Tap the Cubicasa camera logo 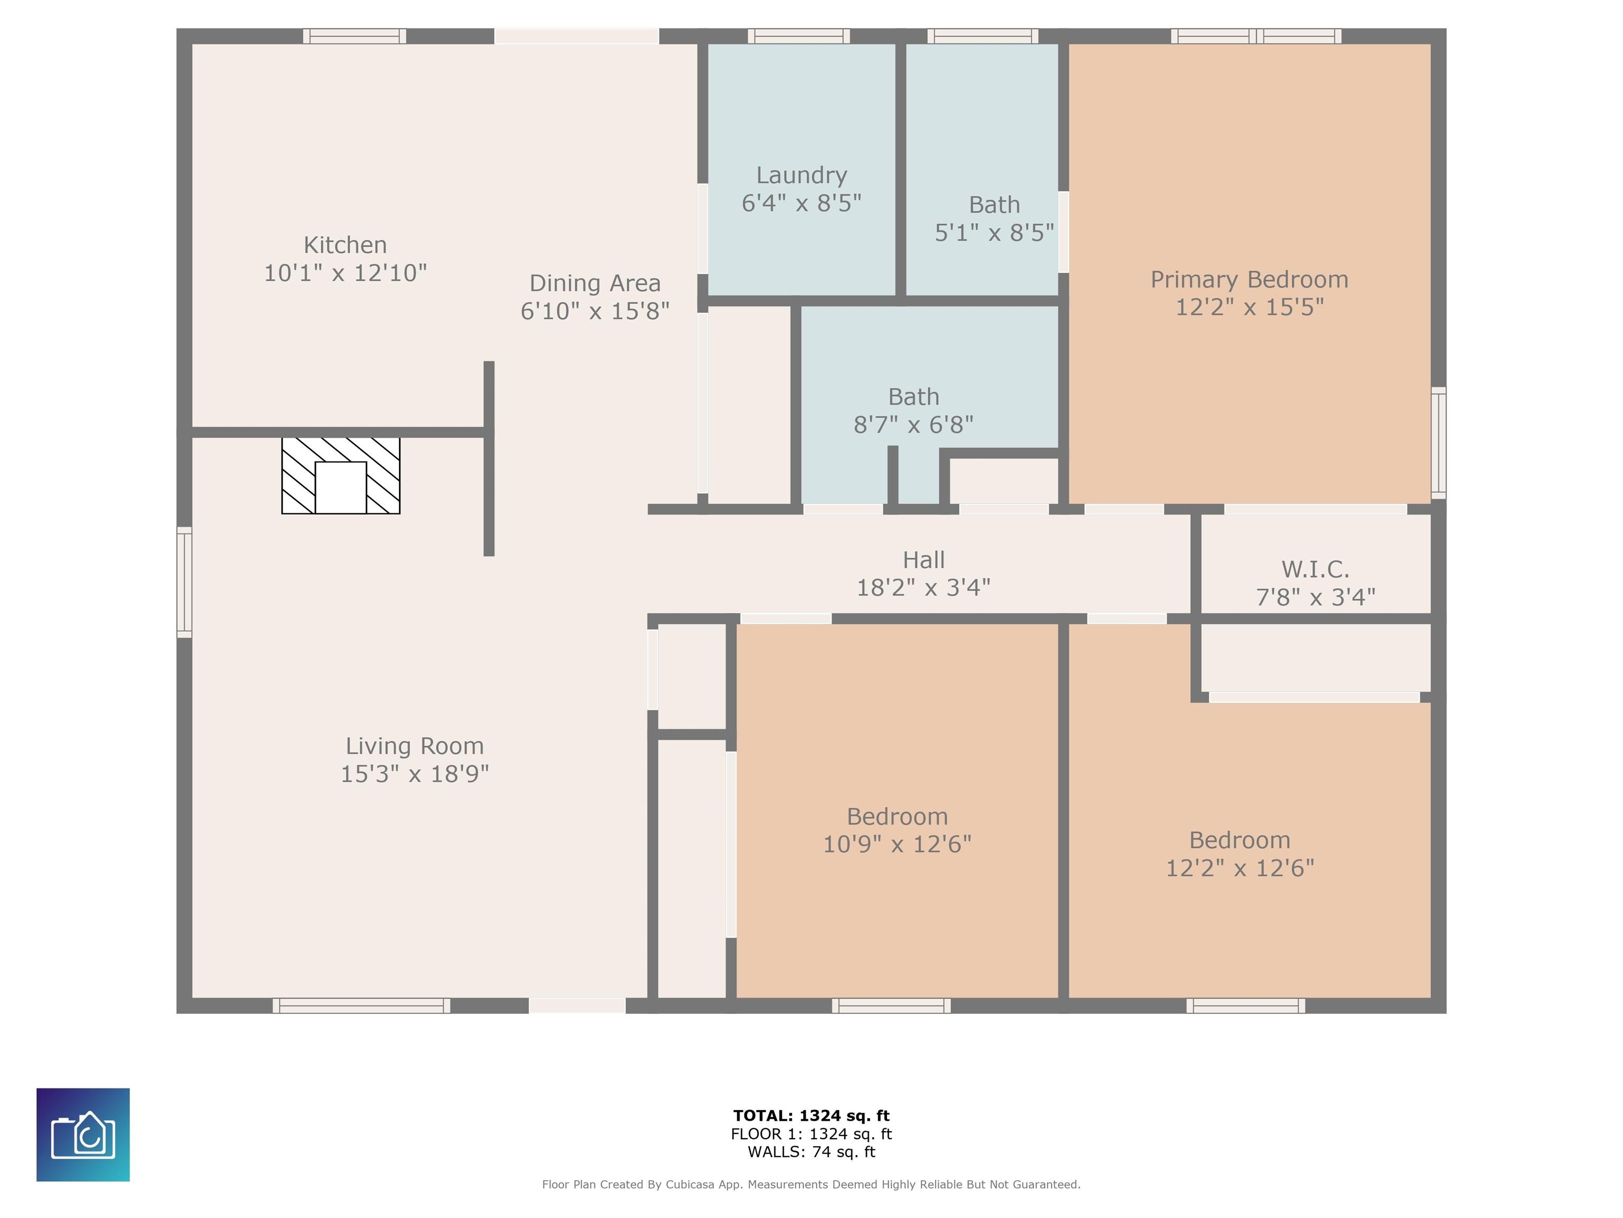click(83, 1134)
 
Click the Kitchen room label click(345, 244)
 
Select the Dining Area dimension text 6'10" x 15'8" click(595, 311)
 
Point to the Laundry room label click(801, 176)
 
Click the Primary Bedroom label click(1249, 280)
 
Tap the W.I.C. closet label click(1315, 569)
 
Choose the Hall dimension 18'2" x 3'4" click(924, 587)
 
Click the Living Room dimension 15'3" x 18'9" click(415, 774)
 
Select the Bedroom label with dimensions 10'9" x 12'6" click(897, 816)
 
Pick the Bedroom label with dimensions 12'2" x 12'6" click(1240, 840)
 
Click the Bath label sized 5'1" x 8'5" click(994, 205)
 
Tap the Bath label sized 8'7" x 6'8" click(913, 397)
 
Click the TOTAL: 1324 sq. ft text click(811, 1116)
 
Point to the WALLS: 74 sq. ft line click(811, 1152)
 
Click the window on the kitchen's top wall click(355, 36)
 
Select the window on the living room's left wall click(184, 582)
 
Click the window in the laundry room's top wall click(799, 36)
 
